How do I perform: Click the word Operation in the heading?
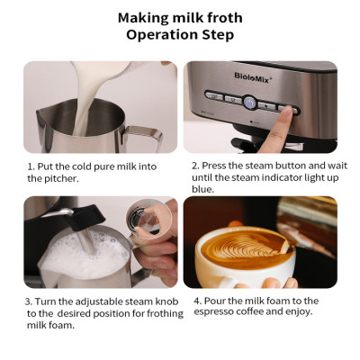161,36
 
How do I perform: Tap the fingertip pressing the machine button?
290,109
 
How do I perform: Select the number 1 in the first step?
30,166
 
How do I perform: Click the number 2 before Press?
194,166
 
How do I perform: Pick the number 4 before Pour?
197,301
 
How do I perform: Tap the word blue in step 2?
202,190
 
